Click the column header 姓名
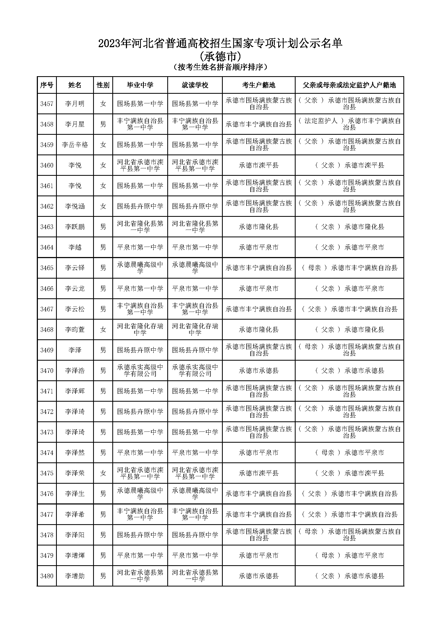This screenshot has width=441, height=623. [75, 85]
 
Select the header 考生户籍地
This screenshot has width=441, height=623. [259, 85]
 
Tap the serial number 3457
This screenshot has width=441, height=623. [47, 104]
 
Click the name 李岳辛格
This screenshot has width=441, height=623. [75, 145]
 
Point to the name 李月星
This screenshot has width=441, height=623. [75, 124]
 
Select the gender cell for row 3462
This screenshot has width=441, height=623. [103, 206]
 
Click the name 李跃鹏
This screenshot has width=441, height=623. [75, 227]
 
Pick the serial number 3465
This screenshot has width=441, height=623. [47, 268]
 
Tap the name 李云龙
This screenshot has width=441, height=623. [75, 288]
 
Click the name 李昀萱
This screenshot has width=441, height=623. [75, 330]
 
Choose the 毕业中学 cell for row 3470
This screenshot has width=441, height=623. [140, 371]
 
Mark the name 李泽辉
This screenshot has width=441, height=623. [75, 391]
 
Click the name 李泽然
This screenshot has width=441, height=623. [75, 453]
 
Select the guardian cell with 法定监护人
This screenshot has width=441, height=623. [349, 124]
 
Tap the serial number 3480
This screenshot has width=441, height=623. [47, 576]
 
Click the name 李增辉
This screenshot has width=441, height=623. [75, 555]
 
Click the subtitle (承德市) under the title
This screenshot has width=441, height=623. [220, 56]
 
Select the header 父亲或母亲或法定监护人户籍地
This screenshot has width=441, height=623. [349, 85]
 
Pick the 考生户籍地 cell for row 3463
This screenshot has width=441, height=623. [259, 227]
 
